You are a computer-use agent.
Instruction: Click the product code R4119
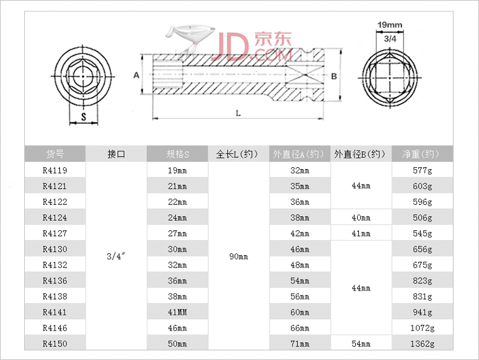[x=54, y=170]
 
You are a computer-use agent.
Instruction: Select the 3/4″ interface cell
[x=116, y=257]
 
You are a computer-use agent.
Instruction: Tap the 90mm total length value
[x=239, y=257]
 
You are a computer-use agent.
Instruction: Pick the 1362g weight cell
[x=422, y=344]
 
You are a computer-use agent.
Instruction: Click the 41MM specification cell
[x=178, y=313]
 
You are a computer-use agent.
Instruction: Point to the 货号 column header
[x=54, y=154]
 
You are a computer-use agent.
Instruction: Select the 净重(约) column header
[x=422, y=154]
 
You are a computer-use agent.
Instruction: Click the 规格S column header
[x=178, y=154]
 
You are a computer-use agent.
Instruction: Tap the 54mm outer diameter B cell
[x=361, y=344]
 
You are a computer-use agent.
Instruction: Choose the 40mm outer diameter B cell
[x=361, y=218]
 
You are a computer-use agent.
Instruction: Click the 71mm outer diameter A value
[x=300, y=344]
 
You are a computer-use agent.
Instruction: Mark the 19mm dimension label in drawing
[x=390, y=26]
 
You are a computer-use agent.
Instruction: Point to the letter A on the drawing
[x=135, y=75]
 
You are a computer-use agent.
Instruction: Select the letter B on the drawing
[x=333, y=76]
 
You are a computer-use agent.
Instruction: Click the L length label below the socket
[x=238, y=114]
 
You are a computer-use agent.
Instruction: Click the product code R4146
[x=54, y=328]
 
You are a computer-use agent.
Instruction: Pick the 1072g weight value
[x=422, y=328]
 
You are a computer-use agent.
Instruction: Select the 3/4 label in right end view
[x=390, y=39]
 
